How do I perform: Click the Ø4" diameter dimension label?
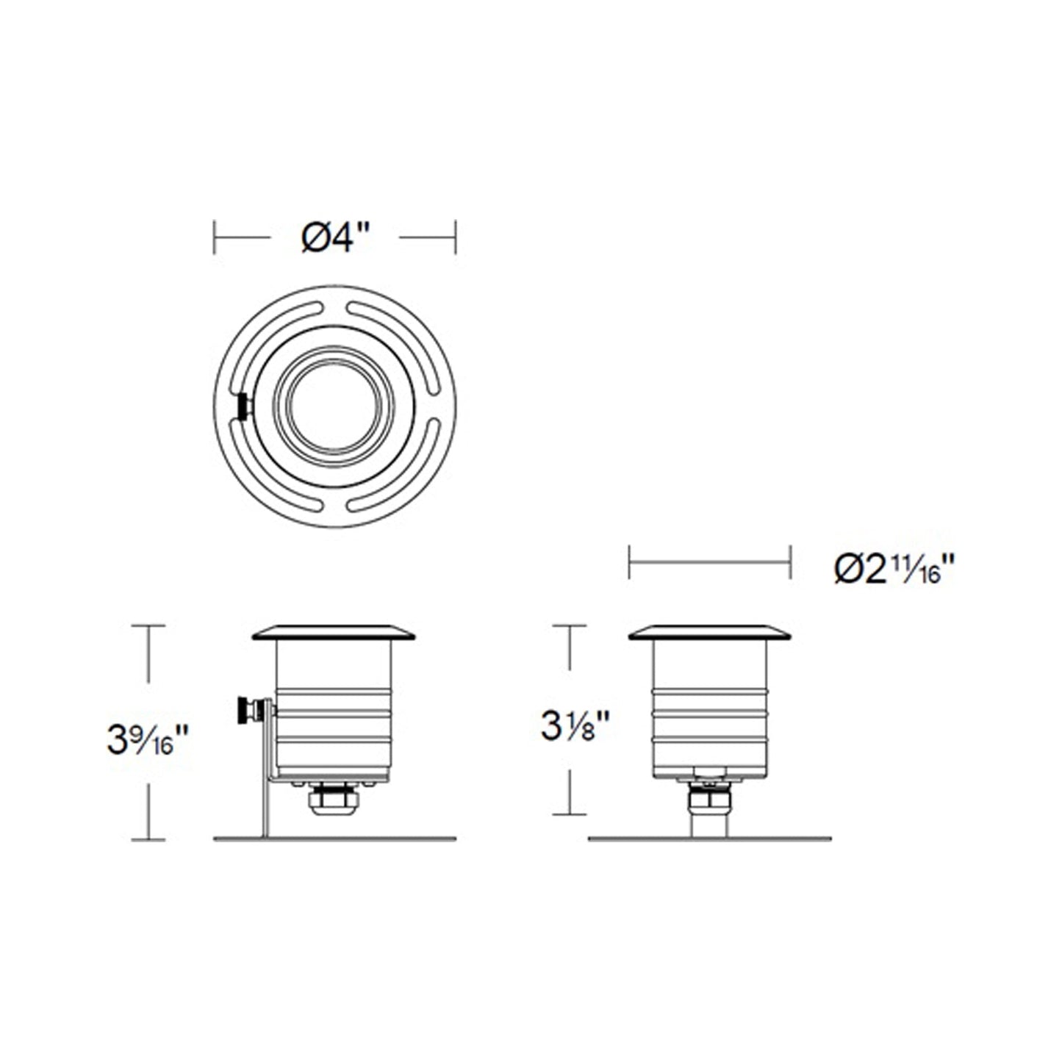point(334,238)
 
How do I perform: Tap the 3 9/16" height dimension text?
point(148,739)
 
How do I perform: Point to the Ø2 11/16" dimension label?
point(894,570)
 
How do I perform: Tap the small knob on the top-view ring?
point(243,406)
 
